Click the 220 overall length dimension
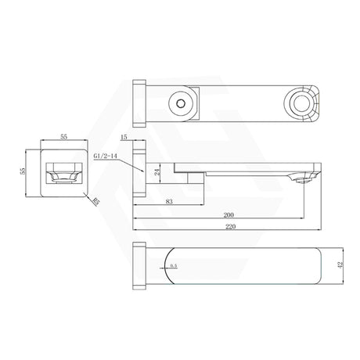(230, 227)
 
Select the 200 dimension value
(229, 215)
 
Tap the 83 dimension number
(169, 202)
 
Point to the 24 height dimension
(157, 171)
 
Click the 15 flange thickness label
(124, 137)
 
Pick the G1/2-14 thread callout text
(105, 156)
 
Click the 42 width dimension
(340, 264)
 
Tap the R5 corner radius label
(96, 202)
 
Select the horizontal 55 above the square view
(63, 136)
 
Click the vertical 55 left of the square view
(23, 171)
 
